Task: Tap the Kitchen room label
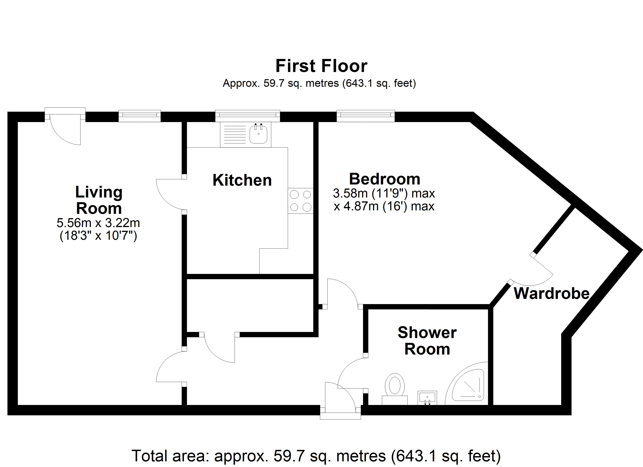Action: click(x=242, y=180)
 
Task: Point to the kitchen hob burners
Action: click(x=300, y=201)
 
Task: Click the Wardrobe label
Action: click(x=551, y=293)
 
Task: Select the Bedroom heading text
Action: click(x=384, y=179)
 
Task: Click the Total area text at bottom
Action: click(x=316, y=456)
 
